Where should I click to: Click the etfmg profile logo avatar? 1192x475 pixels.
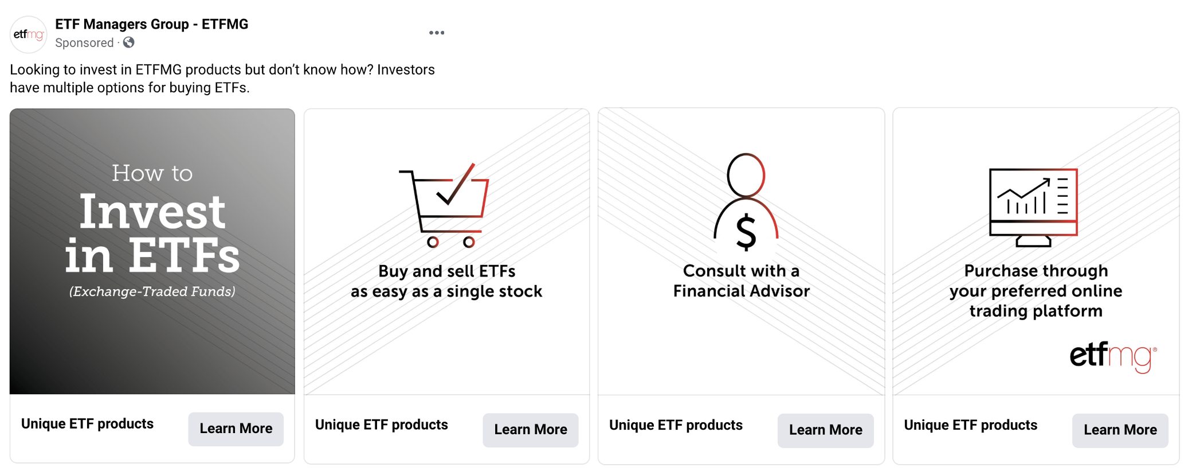[29, 34]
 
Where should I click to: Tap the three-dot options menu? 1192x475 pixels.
[437, 33]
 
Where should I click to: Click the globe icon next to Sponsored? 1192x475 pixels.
[129, 42]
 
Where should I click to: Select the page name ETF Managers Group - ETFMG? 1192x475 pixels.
[152, 24]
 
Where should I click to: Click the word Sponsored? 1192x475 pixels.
[84, 43]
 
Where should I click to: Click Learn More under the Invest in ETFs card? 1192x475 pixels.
[236, 429]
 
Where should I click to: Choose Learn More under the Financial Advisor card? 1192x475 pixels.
[826, 430]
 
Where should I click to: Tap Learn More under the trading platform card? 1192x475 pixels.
[1120, 430]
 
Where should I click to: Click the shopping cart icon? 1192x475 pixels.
[444, 205]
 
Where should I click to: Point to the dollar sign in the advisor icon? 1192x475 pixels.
[746, 232]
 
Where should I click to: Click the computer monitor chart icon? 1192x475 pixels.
[1033, 207]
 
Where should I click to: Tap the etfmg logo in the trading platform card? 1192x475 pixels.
[1113, 356]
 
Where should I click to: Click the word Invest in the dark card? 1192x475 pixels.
[152, 211]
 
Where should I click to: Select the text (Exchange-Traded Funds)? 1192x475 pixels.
[152, 291]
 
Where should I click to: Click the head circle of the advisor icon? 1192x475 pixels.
[746, 175]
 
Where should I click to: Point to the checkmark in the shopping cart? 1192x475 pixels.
[456, 185]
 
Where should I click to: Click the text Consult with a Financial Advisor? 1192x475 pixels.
[742, 281]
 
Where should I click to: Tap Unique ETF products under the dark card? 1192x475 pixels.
[88, 424]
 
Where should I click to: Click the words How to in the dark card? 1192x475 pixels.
[152, 173]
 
